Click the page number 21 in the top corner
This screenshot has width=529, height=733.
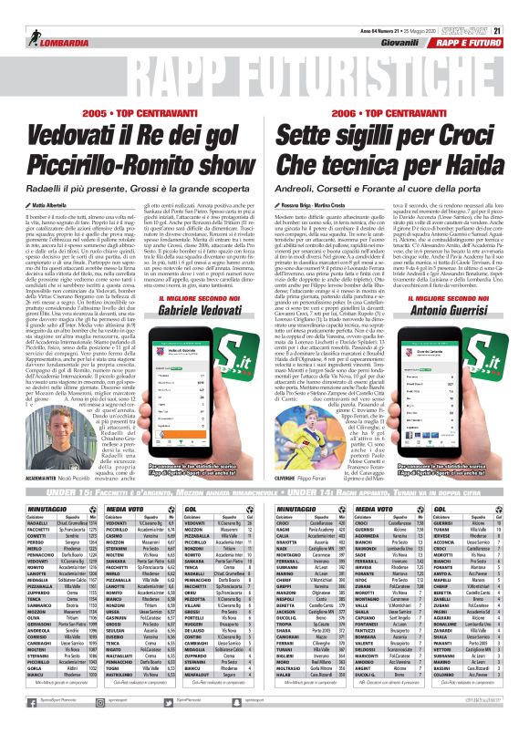click(x=521, y=7)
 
